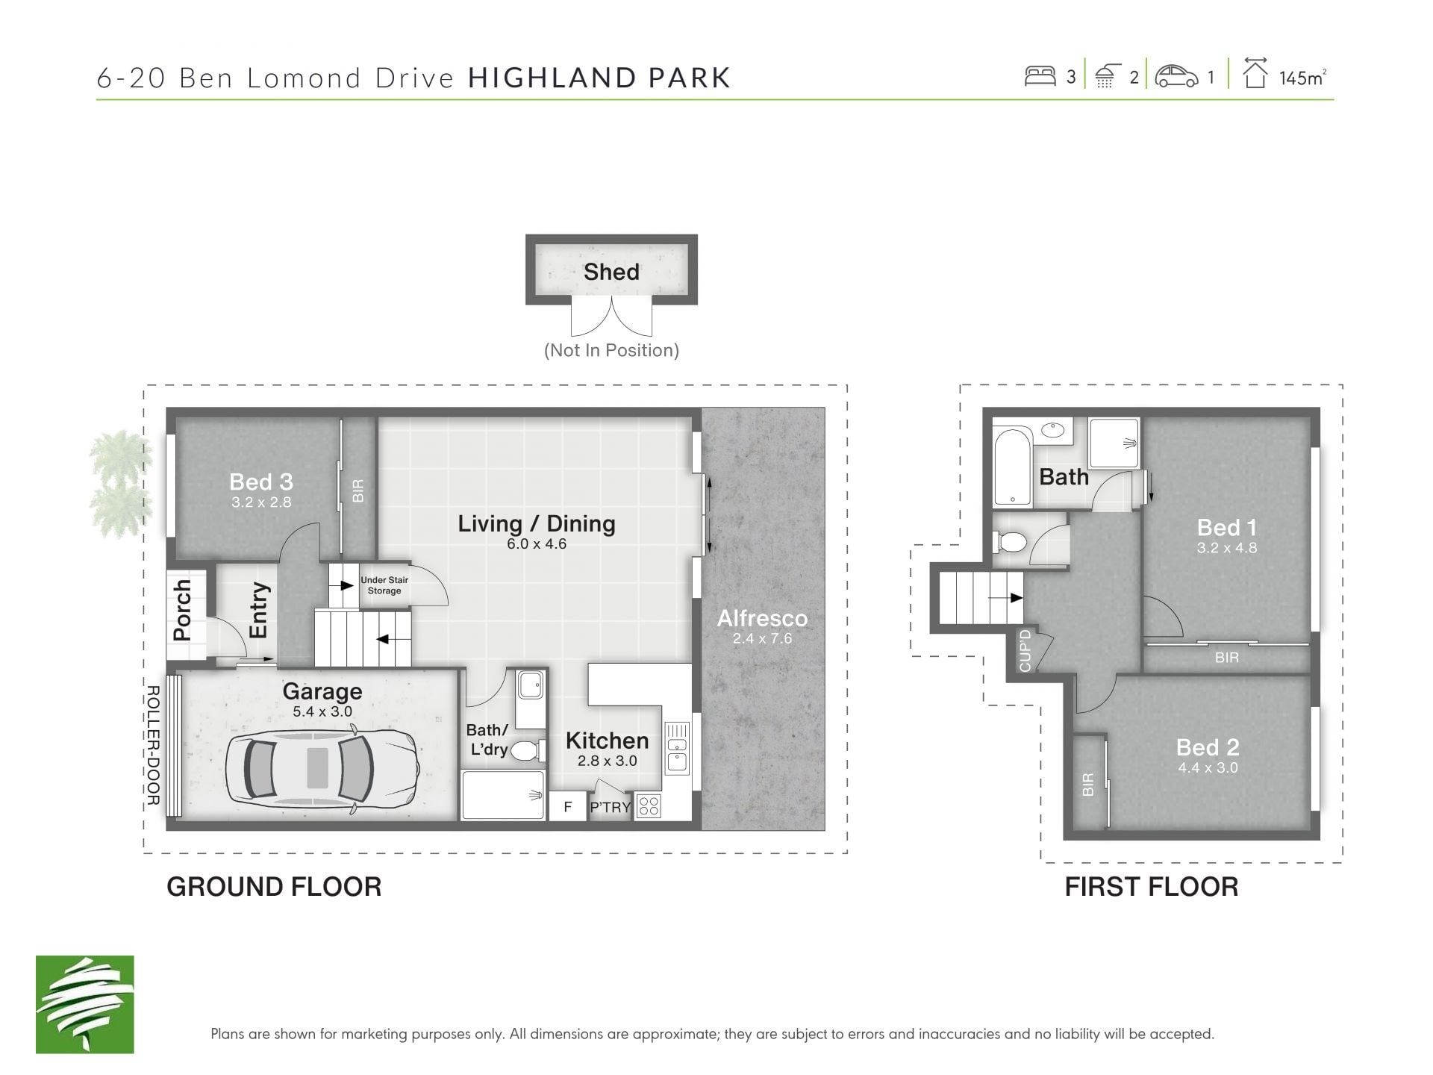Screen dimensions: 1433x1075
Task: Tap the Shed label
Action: point(611,272)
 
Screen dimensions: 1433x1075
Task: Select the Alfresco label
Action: point(762,618)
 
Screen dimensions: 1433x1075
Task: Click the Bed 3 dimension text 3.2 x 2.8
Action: point(261,502)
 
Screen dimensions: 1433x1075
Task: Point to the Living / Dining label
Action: point(537,523)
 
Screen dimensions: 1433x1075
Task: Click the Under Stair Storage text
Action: point(384,585)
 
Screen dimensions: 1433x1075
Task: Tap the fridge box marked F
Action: point(568,806)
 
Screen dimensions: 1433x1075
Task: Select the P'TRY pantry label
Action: point(611,807)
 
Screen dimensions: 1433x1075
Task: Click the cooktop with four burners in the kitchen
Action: point(649,806)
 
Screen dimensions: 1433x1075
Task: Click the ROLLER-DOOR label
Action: point(153,745)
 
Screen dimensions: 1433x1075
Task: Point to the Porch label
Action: point(182,610)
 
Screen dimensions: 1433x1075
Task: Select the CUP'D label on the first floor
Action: point(1025,650)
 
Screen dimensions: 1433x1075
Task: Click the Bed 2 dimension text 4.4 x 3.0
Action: point(1208,767)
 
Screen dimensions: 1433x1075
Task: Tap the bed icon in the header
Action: point(1040,76)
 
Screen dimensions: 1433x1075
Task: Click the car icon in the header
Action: point(1176,76)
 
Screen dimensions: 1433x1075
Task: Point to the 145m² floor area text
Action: point(1303,78)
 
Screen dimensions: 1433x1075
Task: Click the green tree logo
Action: point(85,1004)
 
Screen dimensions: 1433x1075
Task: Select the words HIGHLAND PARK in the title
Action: point(599,78)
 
